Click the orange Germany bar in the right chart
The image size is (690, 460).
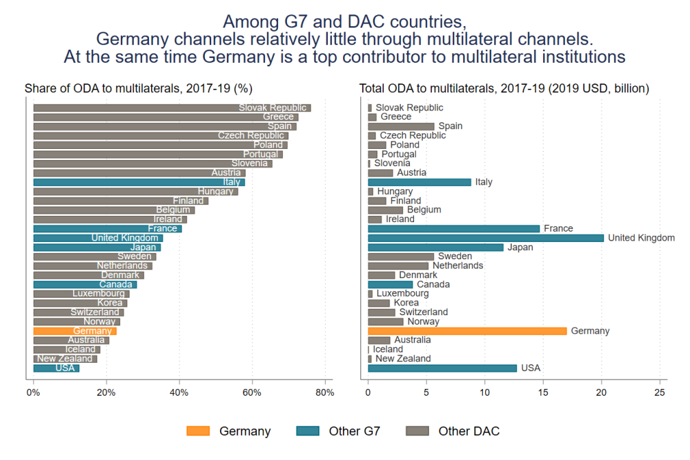click(x=467, y=331)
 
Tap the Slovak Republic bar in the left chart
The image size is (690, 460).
click(x=172, y=108)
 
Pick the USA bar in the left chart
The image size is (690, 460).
click(x=56, y=368)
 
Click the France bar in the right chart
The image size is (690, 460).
click(x=453, y=228)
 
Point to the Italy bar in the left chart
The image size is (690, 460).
click(x=139, y=182)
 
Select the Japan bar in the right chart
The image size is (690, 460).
click(x=435, y=247)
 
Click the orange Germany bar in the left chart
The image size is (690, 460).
click(x=75, y=331)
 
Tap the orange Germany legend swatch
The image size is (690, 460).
click(x=197, y=431)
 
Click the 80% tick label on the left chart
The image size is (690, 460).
click(x=325, y=392)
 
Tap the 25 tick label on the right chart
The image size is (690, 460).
click(x=660, y=392)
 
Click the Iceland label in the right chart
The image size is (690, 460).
click(x=388, y=350)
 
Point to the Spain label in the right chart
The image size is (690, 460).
click(x=451, y=126)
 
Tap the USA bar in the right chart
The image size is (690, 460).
click(x=442, y=368)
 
